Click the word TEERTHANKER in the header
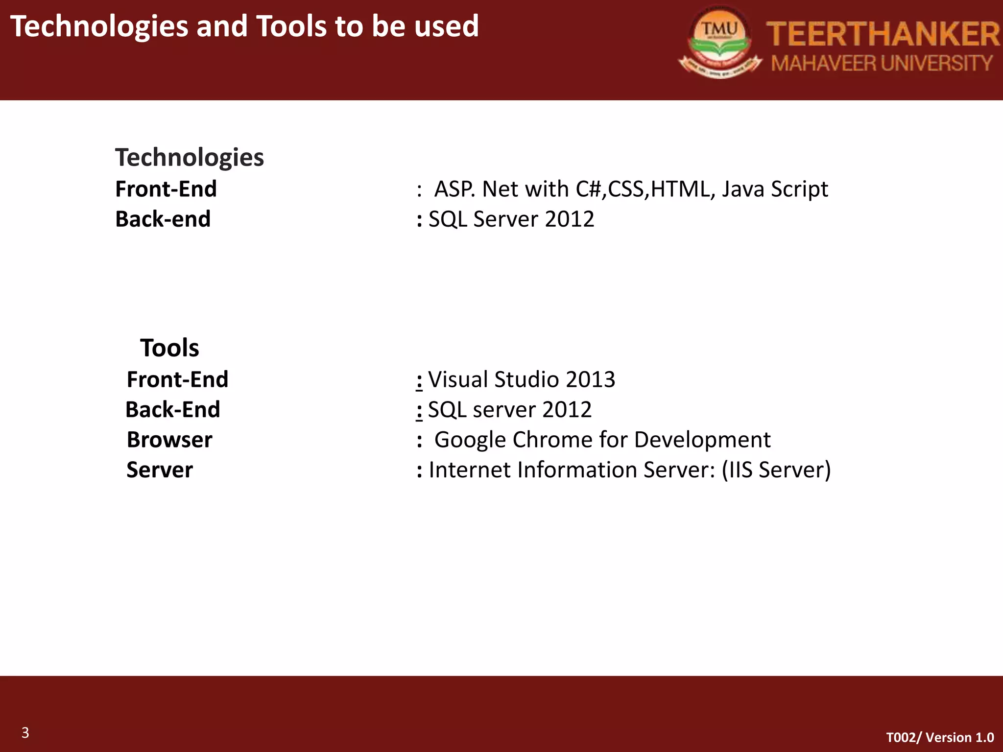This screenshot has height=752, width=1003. [883, 34]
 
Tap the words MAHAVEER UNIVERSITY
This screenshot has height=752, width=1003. [882, 64]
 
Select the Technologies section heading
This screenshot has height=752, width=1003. [190, 158]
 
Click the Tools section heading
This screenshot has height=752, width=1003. [169, 348]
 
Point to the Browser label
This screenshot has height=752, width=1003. [169, 440]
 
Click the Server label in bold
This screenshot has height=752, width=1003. [160, 470]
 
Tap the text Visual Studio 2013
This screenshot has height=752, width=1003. [522, 379]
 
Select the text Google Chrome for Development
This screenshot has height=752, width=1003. [602, 440]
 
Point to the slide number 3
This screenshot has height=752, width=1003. [25, 733]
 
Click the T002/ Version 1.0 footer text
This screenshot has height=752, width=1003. [940, 737]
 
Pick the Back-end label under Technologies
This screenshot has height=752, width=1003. [163, 219]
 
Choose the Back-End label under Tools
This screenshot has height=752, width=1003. [173, 410]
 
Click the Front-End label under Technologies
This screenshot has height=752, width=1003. [166, 189]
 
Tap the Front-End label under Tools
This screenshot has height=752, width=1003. [177, 379]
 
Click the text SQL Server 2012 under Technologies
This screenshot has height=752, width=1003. [511, 219]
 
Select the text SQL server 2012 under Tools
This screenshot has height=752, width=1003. [510, 410]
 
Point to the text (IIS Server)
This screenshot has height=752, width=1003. [776, 470]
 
